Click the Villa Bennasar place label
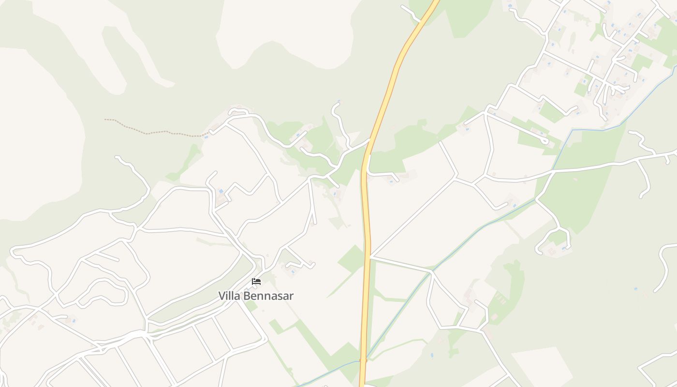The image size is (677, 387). (x=255, y=296)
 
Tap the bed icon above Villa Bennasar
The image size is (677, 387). (x=256, y=282)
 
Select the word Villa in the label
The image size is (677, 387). (x=229, y=296)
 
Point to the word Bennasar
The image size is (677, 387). (x=268, y=296)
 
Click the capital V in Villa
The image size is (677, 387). (x=222, y=296)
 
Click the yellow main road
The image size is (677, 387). (x=366, y=218)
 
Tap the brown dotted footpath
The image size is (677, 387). (x=155, y=132)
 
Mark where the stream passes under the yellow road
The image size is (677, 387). (x=363, y=360)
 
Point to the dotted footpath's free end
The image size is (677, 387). (x=105, y=119)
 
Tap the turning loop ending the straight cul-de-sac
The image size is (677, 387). (x=546, y=141)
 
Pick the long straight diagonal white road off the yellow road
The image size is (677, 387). (x=411, y=218)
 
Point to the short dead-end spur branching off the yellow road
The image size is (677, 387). (x=382, y=173)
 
